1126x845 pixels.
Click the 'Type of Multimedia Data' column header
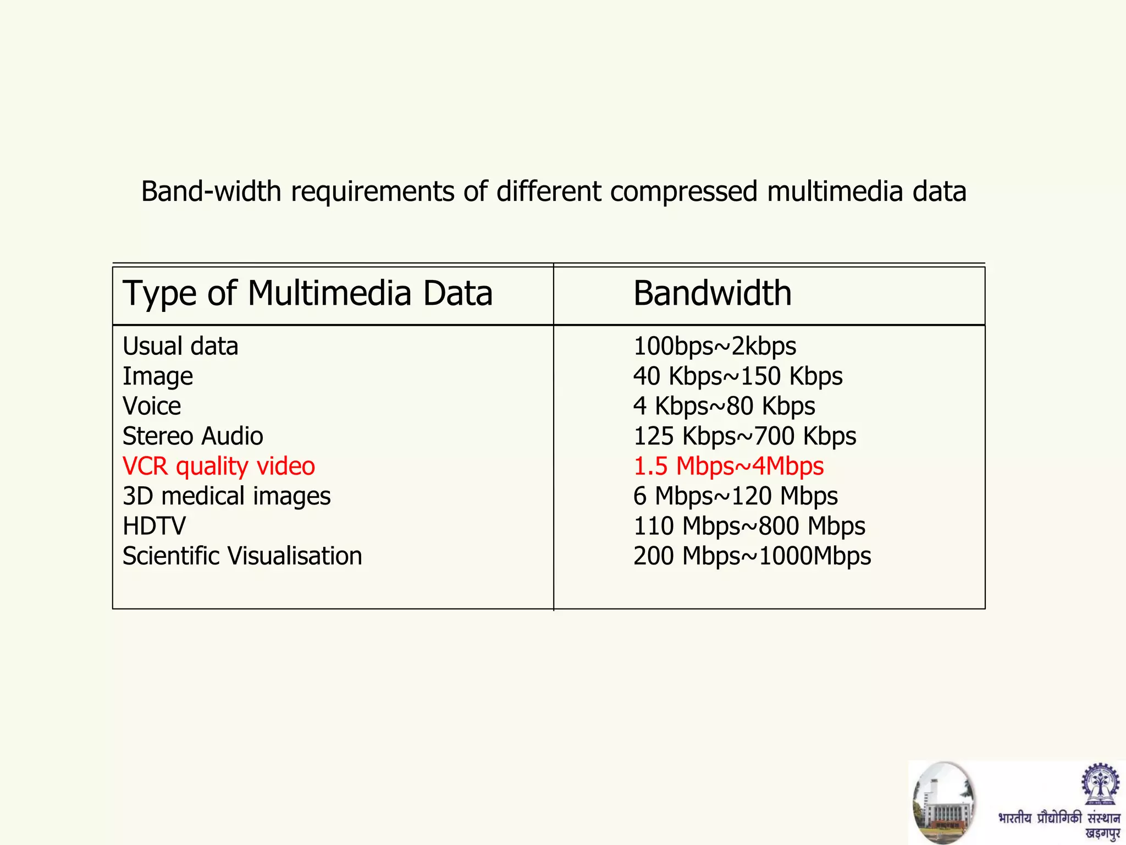(307, 293)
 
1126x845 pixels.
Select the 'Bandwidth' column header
(712, 293)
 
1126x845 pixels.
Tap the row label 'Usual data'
(180, 347)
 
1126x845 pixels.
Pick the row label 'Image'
(158, 377)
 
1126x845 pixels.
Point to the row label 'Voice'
(152, 407)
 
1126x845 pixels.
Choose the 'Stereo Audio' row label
(192, 436)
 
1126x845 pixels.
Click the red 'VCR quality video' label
(219, 467)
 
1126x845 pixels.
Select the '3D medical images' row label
(227, 496)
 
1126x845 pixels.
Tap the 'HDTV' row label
(154, 526)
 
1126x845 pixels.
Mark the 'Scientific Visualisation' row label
(242, 556)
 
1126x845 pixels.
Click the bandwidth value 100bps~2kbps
(715, 347)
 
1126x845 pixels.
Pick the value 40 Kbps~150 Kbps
(738, 377)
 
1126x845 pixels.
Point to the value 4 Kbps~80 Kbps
(724, 407)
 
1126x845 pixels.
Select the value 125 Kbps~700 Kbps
(744, 436)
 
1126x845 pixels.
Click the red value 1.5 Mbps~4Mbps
(728, 467)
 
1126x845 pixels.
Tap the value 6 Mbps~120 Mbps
(736, 496)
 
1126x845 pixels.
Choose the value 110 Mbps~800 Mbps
(749, 526)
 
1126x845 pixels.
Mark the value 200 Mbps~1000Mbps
(752, 556)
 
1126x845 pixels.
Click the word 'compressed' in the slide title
(684, 192)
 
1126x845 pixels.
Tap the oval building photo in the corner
(943, 802)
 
